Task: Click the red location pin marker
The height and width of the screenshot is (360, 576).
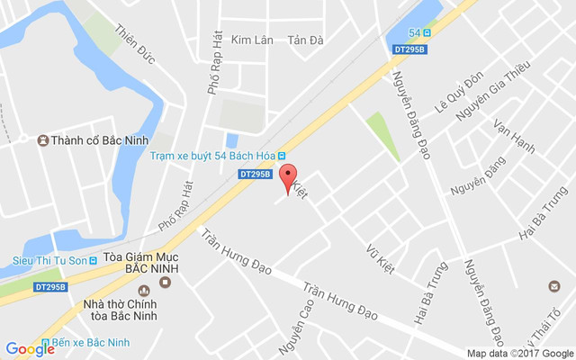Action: pyautogui.click(x=288, y=177)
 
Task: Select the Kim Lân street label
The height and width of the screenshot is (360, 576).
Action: pyautogui.click(x=251, y=40)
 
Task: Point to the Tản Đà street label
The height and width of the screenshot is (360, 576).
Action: pyautogui.click(x=304, y=40)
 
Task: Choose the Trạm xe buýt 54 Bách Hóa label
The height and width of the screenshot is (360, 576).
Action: pyautogui.click(x=211, y=155)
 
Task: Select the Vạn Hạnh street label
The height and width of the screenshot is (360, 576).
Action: pyautogui.click(x=515, y=135)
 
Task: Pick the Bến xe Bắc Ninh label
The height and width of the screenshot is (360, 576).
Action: pyautogui.click(x=98, y=343)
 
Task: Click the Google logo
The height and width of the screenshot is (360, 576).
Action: pyautogui.click(x=30, y=348)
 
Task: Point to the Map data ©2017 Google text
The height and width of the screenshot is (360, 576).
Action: pyautogui.click(x=519, y=354)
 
